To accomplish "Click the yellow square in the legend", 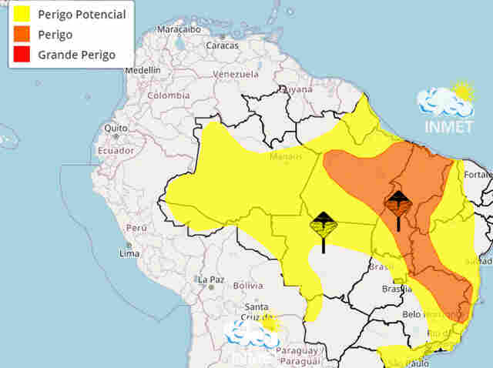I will point(20,15).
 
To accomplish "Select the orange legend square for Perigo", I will point(20,35).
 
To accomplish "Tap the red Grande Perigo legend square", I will point(20,55).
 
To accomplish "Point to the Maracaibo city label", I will point(179,29).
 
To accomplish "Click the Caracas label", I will point(221,45).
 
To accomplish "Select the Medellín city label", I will point(142,69).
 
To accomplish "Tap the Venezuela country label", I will point(234,74).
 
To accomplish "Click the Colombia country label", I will point(168,95).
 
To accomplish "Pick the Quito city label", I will point(116,128).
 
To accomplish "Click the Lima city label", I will point(129,253).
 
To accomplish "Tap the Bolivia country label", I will point(248,285).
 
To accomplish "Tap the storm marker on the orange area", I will point(398,204).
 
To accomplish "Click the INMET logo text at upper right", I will point(448,127).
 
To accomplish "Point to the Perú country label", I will point(136,228).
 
